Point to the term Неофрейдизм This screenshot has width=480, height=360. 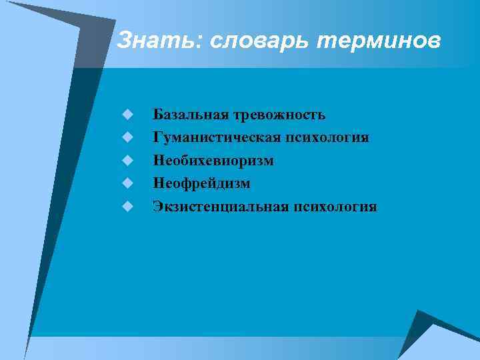pos(201,183)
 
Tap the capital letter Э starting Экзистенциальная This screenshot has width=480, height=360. pos(157,207)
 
